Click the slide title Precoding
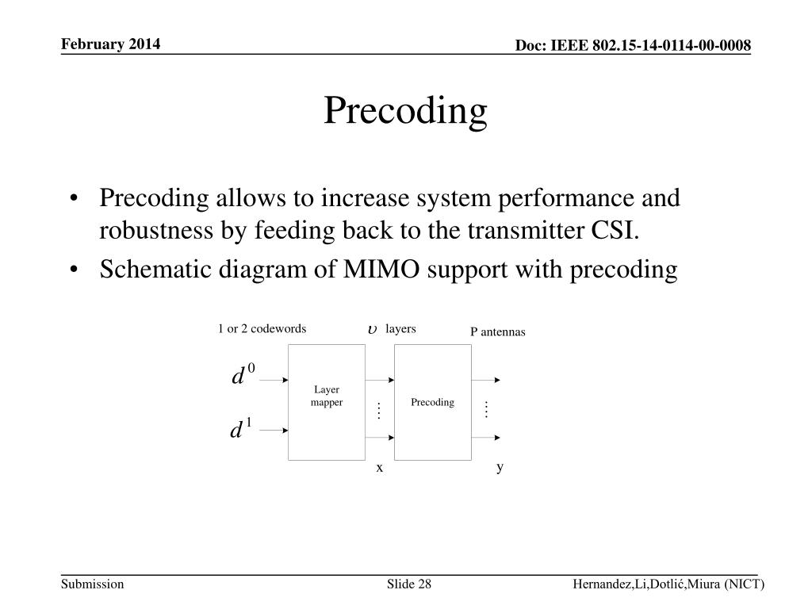pos(405,111)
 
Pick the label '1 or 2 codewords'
pos(262,329)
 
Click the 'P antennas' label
pos(498,332)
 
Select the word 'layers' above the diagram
pos(400,329)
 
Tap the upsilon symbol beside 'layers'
pos(372,329)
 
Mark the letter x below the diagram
pos(380,468)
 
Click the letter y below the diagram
pos(500,468)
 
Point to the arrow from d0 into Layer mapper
pos(274,380)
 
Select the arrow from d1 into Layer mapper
pos(274,431)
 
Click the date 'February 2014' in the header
pos(111,44)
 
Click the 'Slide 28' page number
pos(409,584)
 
